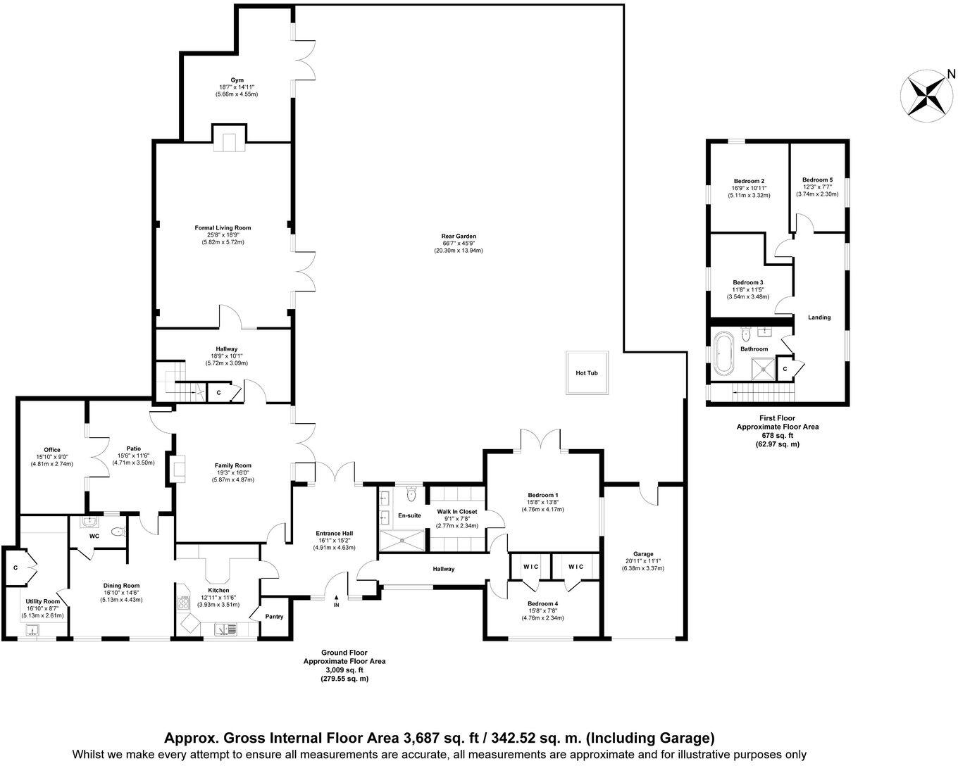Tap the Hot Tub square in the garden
pos(587,372)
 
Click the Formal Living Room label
pos(223,228)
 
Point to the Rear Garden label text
pos(459,237)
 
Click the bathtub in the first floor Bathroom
pos(723,355)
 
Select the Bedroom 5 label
pos(817,180)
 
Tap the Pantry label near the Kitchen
pos(274,617)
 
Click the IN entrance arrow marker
pos(336,600)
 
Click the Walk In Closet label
pos(456,512)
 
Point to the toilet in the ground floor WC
pos(118,533)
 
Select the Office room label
pos(51,450)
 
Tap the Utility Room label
pos(43,601)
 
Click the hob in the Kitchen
pos(185,602)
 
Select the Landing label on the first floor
pos(819,318)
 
